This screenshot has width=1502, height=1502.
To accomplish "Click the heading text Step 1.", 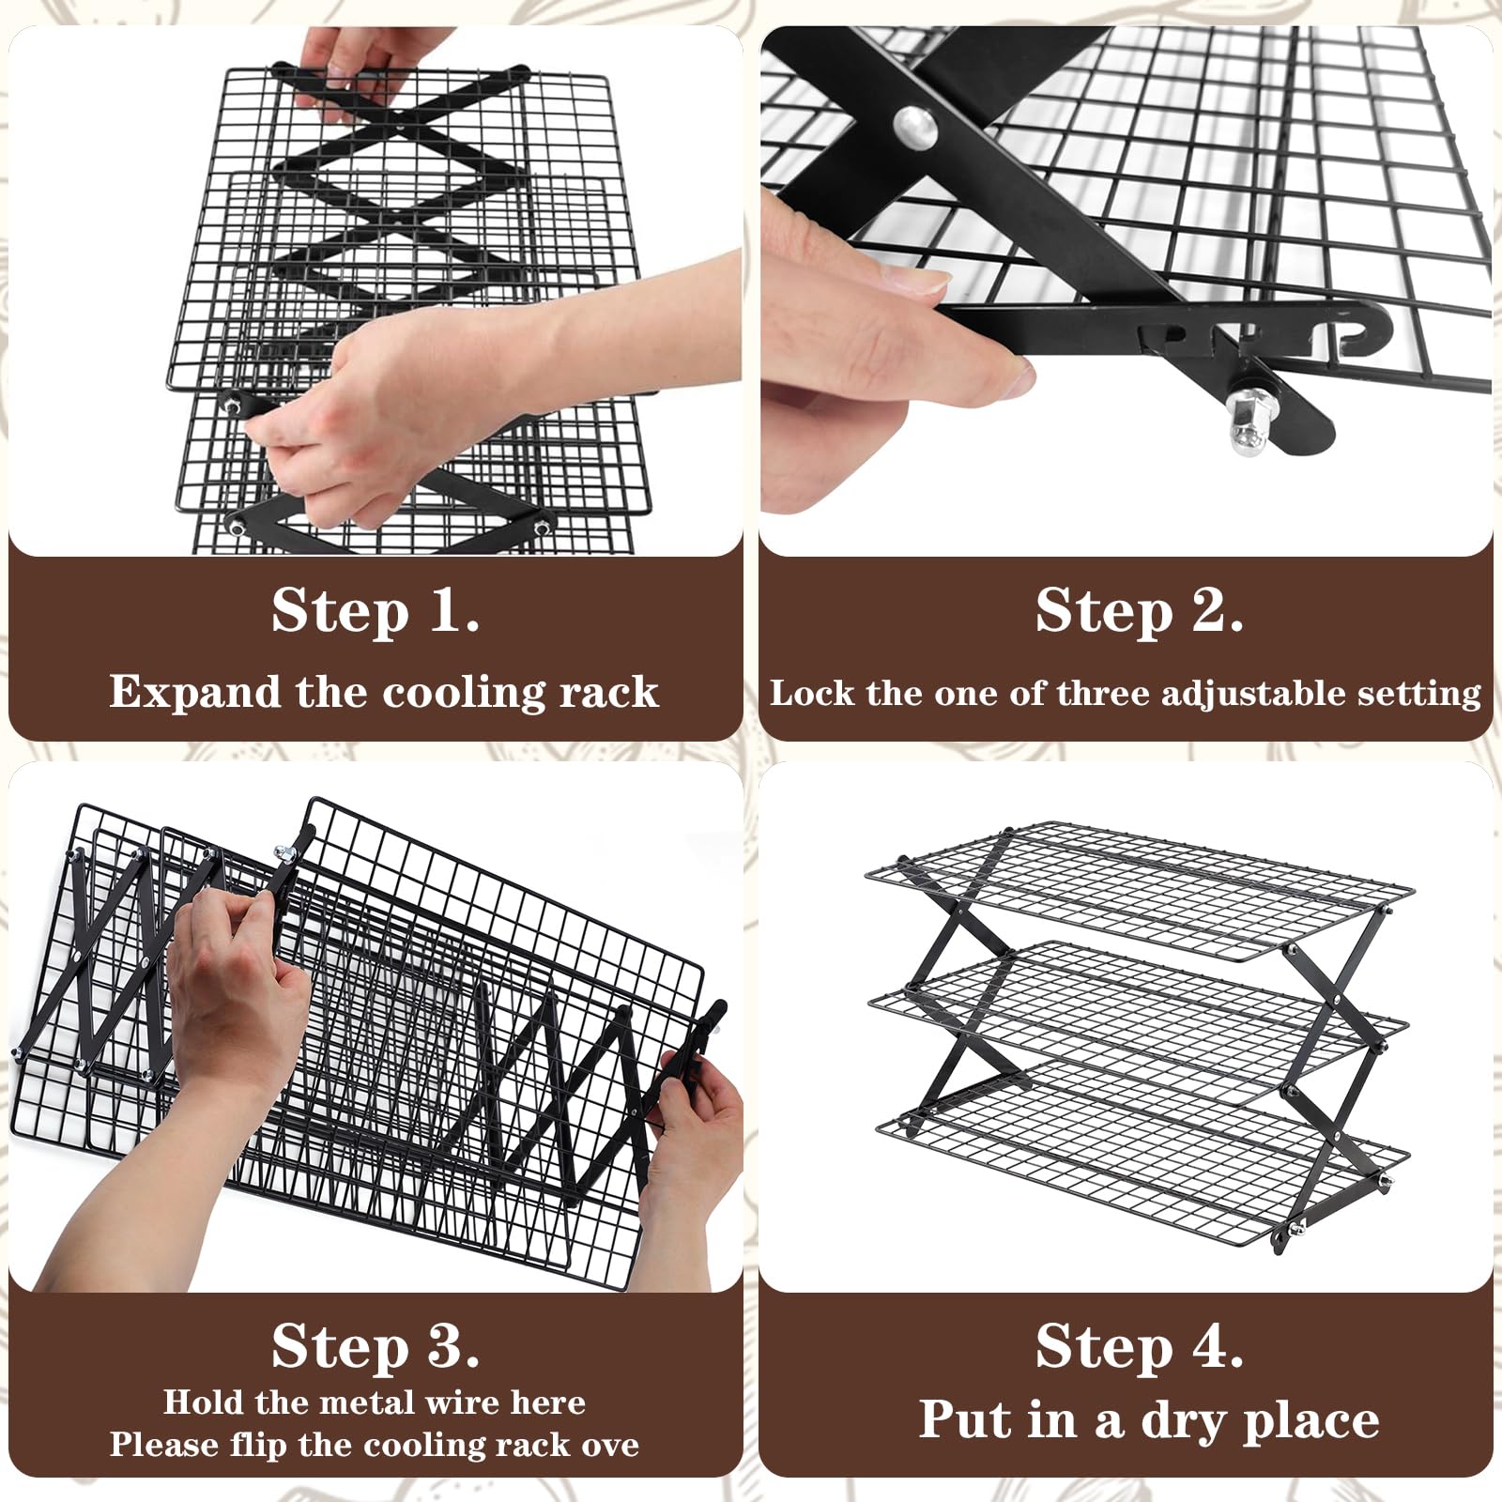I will click(x=375, y=611).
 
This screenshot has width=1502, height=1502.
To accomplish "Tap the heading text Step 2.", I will click(x=1139, y=611).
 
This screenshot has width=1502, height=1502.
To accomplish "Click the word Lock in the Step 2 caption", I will click(x=813, y=693).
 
